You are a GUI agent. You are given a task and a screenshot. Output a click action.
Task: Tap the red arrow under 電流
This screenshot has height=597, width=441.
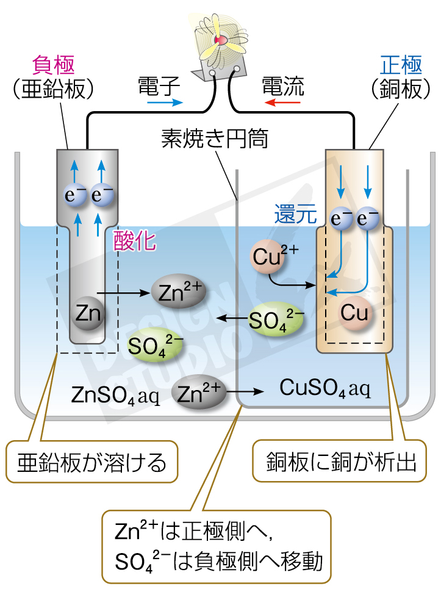282,103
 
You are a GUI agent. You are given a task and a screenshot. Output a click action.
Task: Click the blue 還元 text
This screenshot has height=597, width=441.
295,214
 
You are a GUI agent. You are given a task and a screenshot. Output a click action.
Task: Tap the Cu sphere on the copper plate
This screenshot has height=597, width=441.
354,313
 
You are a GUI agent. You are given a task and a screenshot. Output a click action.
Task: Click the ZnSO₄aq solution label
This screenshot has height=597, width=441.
115,395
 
